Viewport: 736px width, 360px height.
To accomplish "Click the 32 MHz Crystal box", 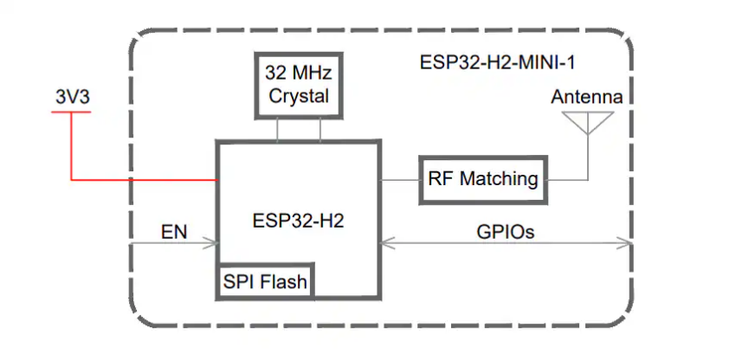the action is [x=299, y=85].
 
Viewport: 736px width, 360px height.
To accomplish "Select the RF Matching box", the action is [x=483, y=180].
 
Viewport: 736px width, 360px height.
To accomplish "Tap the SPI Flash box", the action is [x=265, y=281].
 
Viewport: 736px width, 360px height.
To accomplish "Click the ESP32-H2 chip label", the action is [x=299, y=220].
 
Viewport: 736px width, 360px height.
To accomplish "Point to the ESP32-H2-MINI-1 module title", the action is [x=497, y=62].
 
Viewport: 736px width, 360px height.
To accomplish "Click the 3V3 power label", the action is [x=72, y=97].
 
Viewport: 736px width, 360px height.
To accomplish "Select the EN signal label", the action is [x=174, y=232].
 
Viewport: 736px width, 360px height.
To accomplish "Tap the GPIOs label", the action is [x=505, y=232].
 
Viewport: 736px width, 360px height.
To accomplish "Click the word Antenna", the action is [x=587, y=97].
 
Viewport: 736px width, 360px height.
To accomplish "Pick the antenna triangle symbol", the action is [x=588, y=123].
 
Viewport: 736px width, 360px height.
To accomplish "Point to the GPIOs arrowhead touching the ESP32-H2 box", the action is [x=387, y=243].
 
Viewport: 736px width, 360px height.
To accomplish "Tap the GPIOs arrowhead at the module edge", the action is [x=625, y=243].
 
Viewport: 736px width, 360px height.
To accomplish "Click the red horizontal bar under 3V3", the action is [x=71, y=112].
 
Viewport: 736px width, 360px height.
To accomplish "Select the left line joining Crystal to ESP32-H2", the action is [x=277, y=130].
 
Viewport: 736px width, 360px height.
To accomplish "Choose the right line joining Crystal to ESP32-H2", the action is [x=320, y=130].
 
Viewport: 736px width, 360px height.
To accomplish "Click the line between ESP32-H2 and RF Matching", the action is [x=399, y=180].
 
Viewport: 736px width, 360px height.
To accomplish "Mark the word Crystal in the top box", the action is [x=299, y=97].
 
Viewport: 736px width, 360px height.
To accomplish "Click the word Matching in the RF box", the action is [x=499, y=180].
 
